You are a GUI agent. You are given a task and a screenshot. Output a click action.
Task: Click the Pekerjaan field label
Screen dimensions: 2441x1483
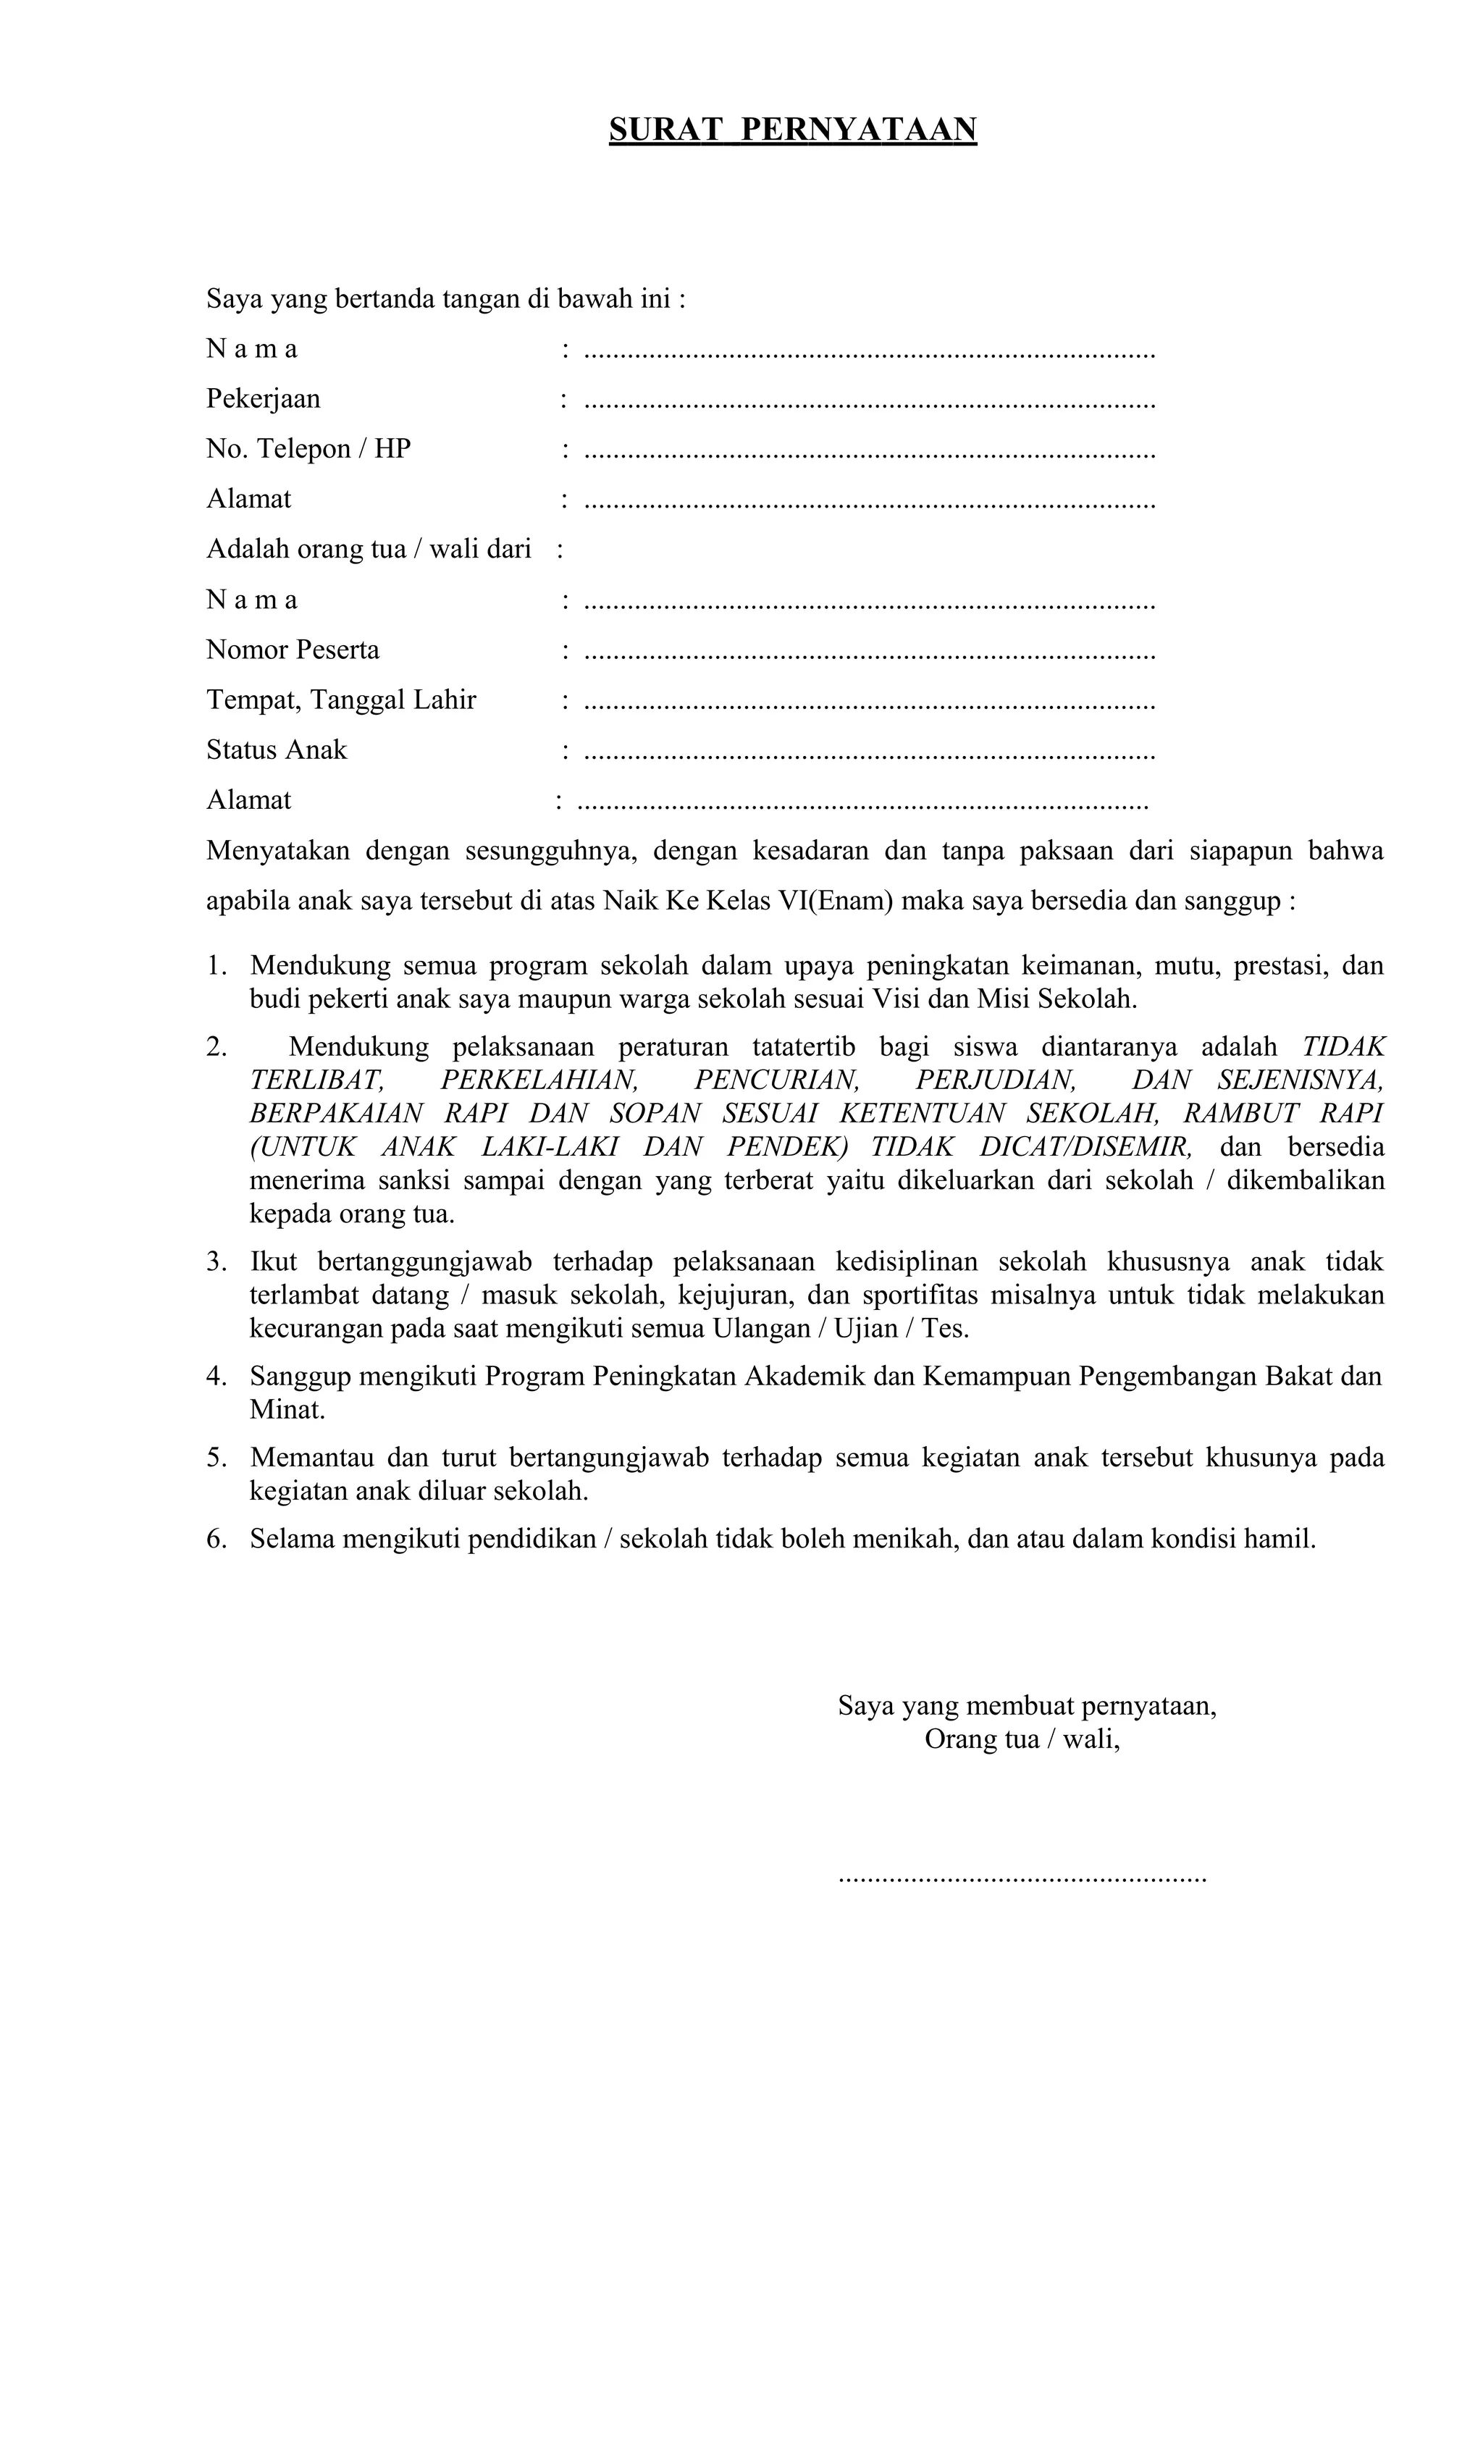263,398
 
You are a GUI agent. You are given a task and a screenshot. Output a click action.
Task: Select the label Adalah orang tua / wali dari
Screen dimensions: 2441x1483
369,549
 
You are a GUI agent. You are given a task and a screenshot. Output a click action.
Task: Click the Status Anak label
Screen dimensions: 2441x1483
277,750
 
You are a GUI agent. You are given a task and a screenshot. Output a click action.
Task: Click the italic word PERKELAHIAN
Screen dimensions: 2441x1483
538,1080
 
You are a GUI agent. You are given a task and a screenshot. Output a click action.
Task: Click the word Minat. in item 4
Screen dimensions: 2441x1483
287,1410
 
